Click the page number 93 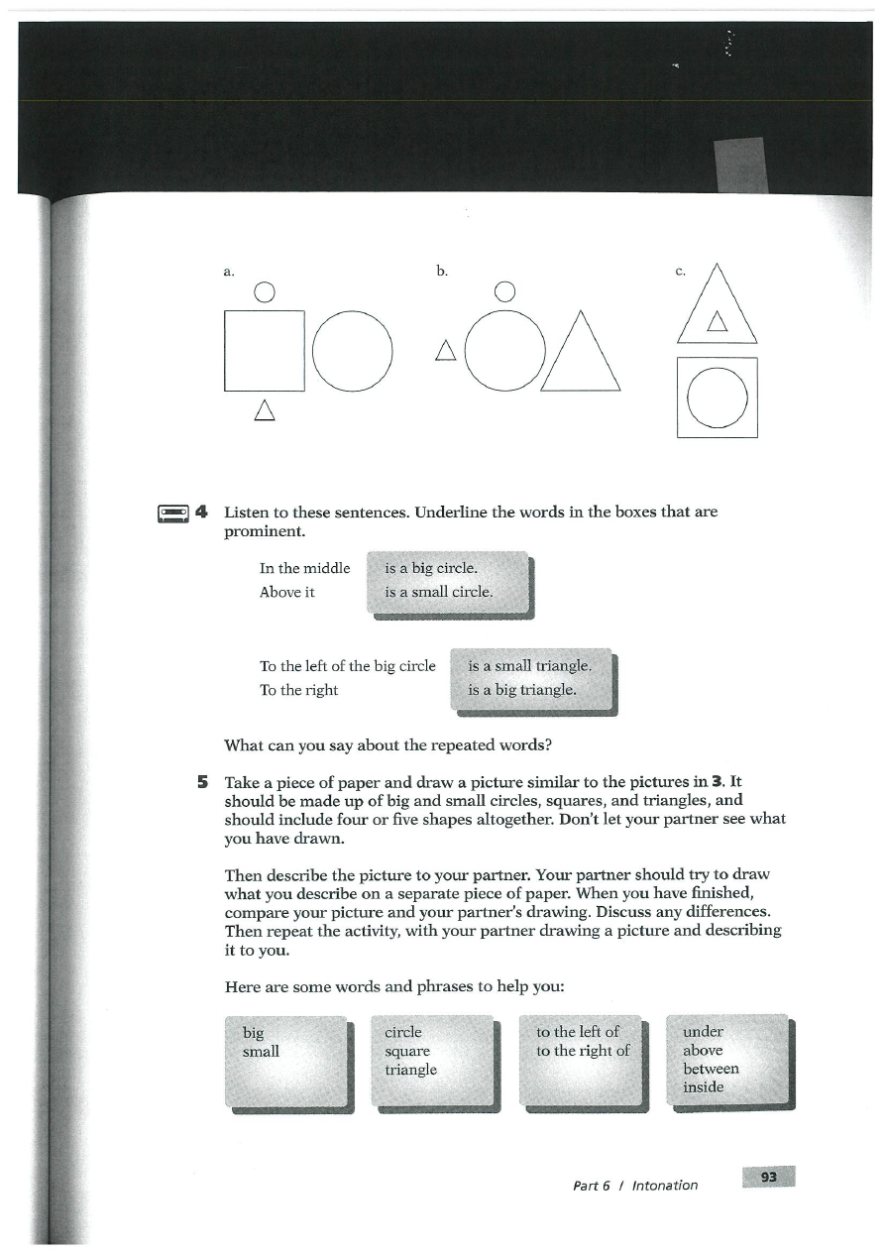tap(768, 1177)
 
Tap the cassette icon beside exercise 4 tap(173, 513)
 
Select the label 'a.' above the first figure tap(228, 271)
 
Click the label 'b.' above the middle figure tap(441, 271)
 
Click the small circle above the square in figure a tap(264, 291)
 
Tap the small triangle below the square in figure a tap(264, 408)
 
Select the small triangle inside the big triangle tap(717, 320)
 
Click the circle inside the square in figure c tap(717, 398)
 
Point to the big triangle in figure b tap(580, 357)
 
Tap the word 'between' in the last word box tap(711, 1069)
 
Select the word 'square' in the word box tap(407, 1051)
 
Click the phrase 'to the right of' tap(583, 1051)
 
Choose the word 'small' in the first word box tap(261, 1051)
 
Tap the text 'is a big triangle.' tap(521, 689)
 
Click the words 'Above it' tap(286, 592)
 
